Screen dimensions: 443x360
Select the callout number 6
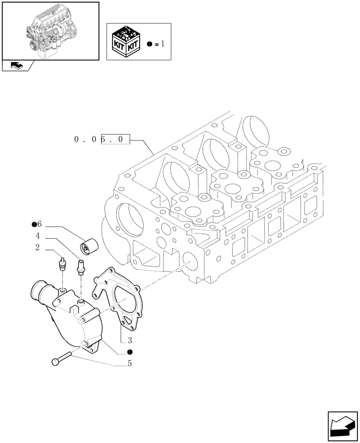[39, 225]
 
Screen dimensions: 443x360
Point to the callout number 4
[38, 236]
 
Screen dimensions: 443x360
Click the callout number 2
[38, 248]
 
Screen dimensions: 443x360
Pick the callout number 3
[130, 341]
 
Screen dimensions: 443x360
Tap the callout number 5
[130, 364]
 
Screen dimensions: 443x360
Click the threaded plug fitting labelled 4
[81, 267]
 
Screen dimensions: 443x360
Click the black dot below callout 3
[129, 352]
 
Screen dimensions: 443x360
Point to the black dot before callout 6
[34, 225]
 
